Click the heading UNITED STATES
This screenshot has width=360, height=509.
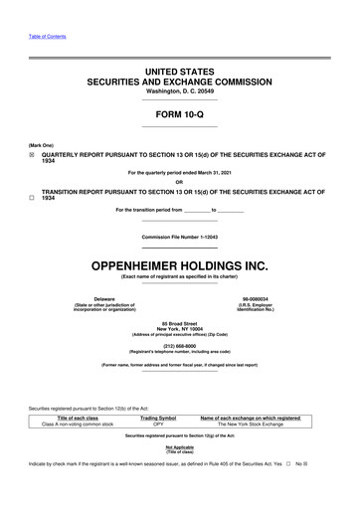point(180,74)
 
